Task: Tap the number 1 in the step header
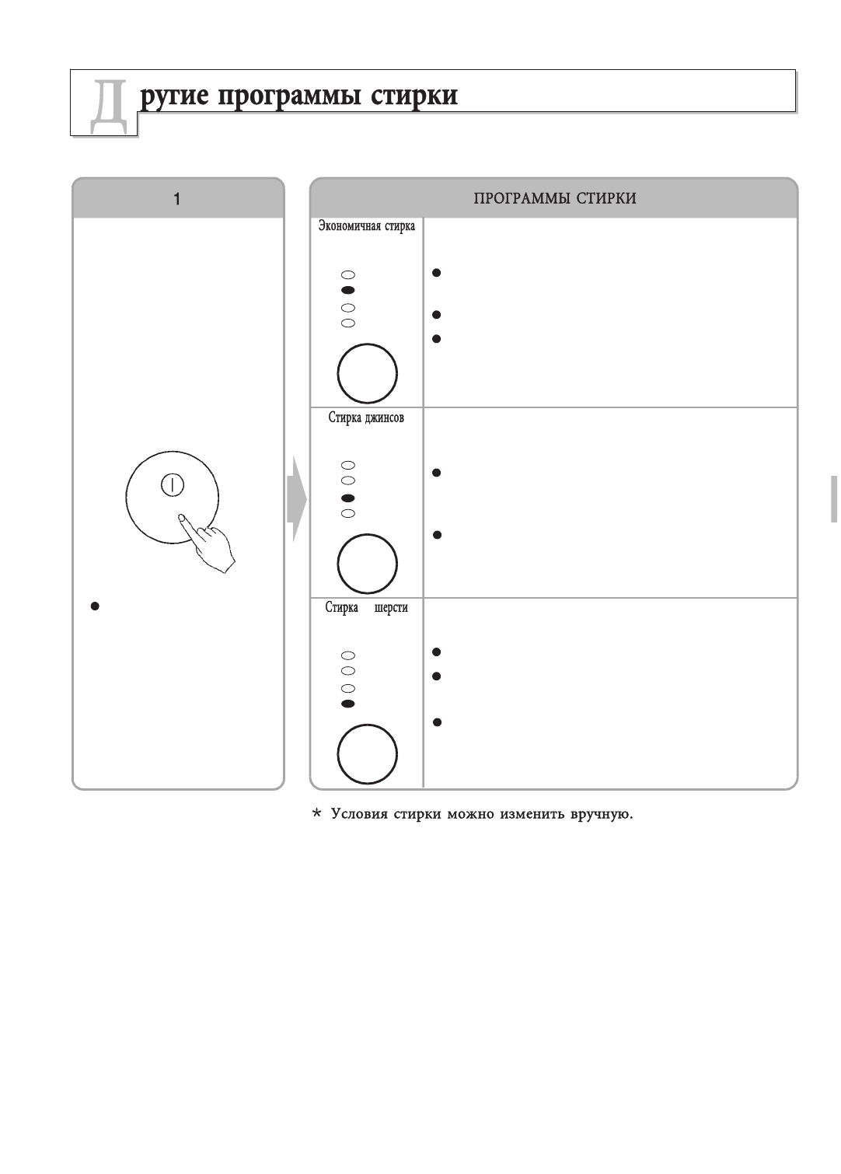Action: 178,199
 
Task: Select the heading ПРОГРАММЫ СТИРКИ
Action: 555,199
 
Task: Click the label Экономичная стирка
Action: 367,226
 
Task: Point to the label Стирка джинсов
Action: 366,418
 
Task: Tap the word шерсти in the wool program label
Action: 390,608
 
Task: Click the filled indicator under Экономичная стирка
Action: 348,289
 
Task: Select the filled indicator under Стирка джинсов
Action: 348,498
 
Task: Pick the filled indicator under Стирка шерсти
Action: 348,704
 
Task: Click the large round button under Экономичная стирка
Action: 367,373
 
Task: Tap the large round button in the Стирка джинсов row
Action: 367,564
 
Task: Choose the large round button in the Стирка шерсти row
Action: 367,754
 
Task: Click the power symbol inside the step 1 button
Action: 172,484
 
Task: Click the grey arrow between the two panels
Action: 296,498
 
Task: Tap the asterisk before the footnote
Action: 316,815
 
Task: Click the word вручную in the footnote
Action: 602,816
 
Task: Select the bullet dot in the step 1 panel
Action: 95,606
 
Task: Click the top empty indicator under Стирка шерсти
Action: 348,655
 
